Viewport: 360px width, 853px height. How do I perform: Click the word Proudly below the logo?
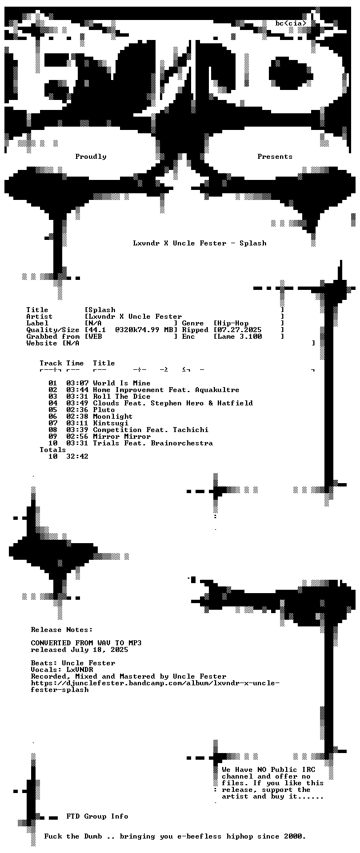pyautogui.click(x=91, y=157)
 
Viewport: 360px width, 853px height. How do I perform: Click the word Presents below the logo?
pyautogui.click(x=274, y=157)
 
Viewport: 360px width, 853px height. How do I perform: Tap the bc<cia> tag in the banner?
pyautogui.click(x=291, y=23)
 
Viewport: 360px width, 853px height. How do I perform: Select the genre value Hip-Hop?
pyautogui.click(x=233, y=323)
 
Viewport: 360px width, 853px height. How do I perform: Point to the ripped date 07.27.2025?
pyautogui.click(x=239, y=330)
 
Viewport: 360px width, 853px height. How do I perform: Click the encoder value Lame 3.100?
pyautogui.click(x=239, y=337)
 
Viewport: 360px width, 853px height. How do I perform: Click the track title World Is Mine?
pyautogui.click(x=122, y=383)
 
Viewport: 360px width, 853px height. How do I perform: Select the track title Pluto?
pyautogui.click(x=104, y=410)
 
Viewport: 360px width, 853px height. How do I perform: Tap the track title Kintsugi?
pyautogui.click(x=111, y=423)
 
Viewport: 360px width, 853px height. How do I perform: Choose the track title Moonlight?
pyautogui.click(x=113, y=417)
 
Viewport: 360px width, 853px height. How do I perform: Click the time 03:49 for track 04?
pyautogui.click(x=77, y=403)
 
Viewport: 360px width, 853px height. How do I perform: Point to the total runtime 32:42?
pyautogui.click(x=77, y=456)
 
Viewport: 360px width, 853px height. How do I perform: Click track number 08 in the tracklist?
pyautogui.click(x=53, y=430)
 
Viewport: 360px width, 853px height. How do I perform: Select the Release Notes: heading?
pyautogui.click(x=62, y=630)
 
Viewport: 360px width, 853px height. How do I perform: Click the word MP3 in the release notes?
pyautogui.click(x=135, y=643)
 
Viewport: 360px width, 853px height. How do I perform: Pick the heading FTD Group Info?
pyautogui.click(x=97, y=816)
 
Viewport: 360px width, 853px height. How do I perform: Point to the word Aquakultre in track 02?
pyautogui.click(x=217, y=390)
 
